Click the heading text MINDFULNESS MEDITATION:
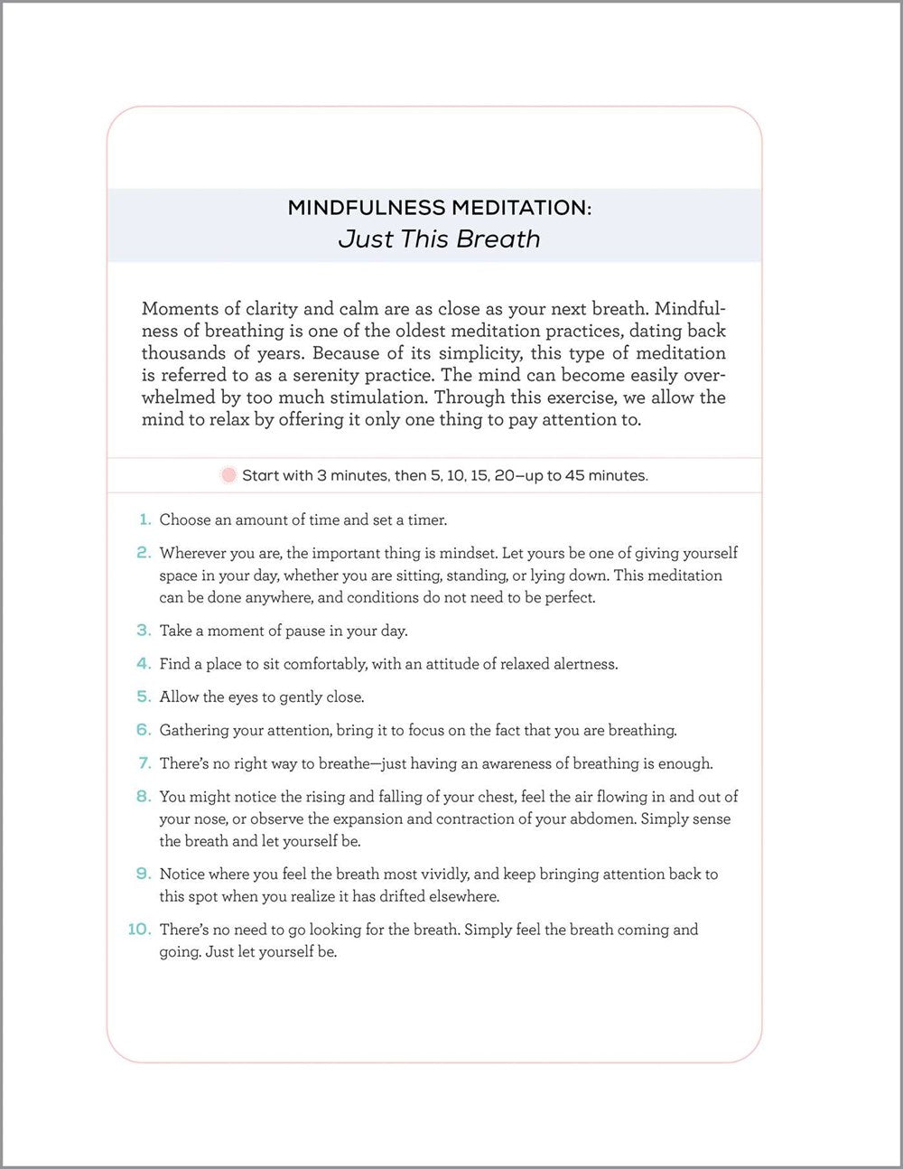[439, 208]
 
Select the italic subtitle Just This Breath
[439, 239]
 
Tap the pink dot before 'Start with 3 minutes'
[228, 475]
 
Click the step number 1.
[144, 519]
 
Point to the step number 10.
[139, 929]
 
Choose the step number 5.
[144, 697]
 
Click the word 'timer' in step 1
[427, 519]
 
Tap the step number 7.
[144, 763]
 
